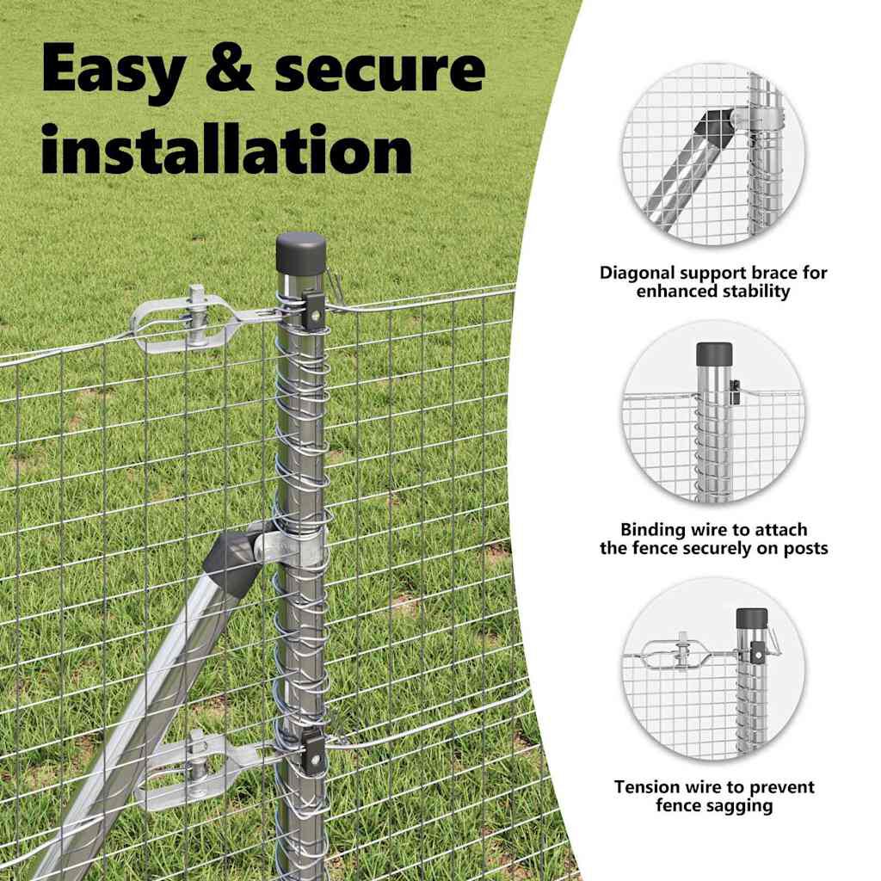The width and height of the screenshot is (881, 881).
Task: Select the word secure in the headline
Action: (x=379, y=71)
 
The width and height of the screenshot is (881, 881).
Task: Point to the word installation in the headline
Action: (x=226, y=150)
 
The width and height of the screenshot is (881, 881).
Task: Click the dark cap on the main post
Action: (x=301, y=250)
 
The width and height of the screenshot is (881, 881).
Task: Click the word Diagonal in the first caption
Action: (x=638, y=274)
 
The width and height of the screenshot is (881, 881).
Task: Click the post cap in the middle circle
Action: (x=713, y=353)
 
